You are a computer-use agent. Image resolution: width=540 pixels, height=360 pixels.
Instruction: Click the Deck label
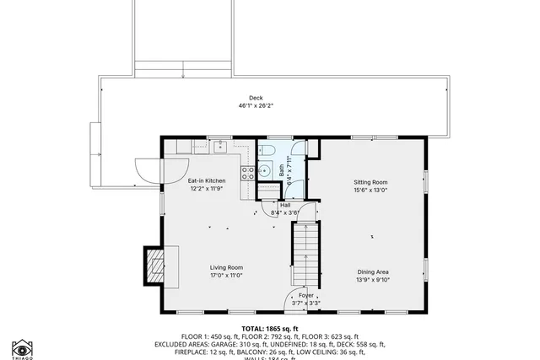click(256, 98)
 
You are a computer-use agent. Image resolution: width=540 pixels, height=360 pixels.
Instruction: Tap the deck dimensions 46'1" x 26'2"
click(256, 106)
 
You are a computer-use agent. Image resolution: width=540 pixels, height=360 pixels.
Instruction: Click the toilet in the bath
click(267, 151)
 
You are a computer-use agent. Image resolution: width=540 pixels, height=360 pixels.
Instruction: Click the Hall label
click(285, 205)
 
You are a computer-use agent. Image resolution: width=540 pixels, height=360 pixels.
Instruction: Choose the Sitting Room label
click(370, 182)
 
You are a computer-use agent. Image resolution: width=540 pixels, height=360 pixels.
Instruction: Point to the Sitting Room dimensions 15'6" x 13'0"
click(370, 190)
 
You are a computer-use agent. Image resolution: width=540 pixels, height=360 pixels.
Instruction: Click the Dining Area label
click(372, 271)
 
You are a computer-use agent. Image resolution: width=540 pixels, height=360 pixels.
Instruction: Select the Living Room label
click(226, 267)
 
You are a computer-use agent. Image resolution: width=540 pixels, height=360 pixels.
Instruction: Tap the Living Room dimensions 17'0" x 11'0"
click(226, 276)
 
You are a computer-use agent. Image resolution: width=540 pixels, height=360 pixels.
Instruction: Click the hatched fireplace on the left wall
click(155, 266)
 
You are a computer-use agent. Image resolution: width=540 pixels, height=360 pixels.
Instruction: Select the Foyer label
click(305, 296)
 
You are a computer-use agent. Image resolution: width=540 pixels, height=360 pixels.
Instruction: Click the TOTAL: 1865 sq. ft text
click(270, 328)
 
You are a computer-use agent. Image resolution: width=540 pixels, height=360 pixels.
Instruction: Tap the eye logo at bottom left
click(22, 347)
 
